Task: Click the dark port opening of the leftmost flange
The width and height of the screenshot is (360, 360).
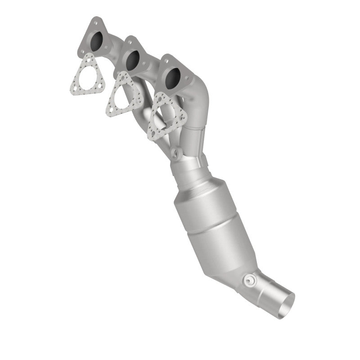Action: coord(96,41)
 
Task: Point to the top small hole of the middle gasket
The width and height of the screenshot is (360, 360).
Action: coord(123,78)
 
